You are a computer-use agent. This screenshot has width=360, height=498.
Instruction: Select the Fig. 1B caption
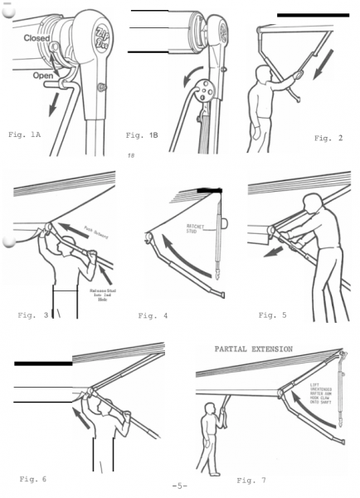143,134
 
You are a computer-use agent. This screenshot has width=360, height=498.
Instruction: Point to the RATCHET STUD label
197,225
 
